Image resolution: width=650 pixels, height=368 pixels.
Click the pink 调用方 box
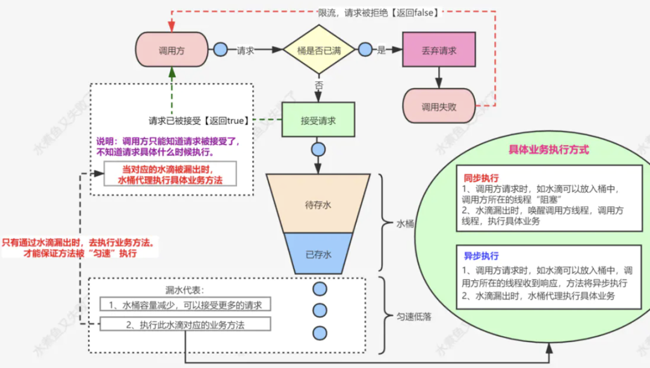[x=172, y=51]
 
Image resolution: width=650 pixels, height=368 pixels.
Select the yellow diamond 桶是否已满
[x=319, y=51]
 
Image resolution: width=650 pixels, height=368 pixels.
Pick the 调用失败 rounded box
[x=439, y=107]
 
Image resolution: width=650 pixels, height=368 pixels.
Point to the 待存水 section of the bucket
[x=318, y=205]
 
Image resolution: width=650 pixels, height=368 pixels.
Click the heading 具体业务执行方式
[x=548, y=149]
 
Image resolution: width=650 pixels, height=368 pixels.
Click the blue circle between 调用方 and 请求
[x=220, y=51]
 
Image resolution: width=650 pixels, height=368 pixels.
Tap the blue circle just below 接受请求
[x=318, y=149]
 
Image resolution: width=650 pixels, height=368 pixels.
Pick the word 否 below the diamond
[x=319, y=85]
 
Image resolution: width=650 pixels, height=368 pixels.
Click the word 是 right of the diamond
[x=381, y=51]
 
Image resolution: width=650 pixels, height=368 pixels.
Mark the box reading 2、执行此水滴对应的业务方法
[x=185, y=324]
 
